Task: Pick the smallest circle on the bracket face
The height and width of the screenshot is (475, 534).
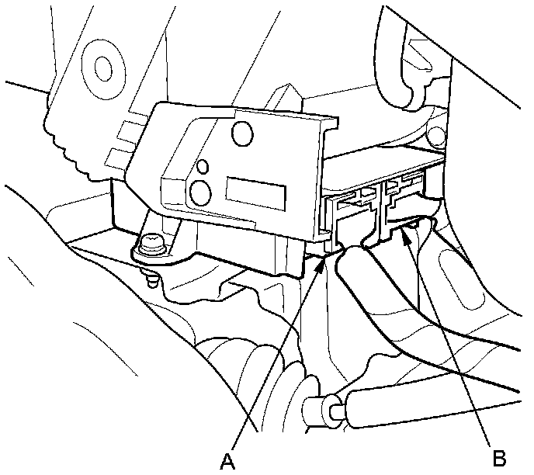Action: [x=203, y=166]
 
